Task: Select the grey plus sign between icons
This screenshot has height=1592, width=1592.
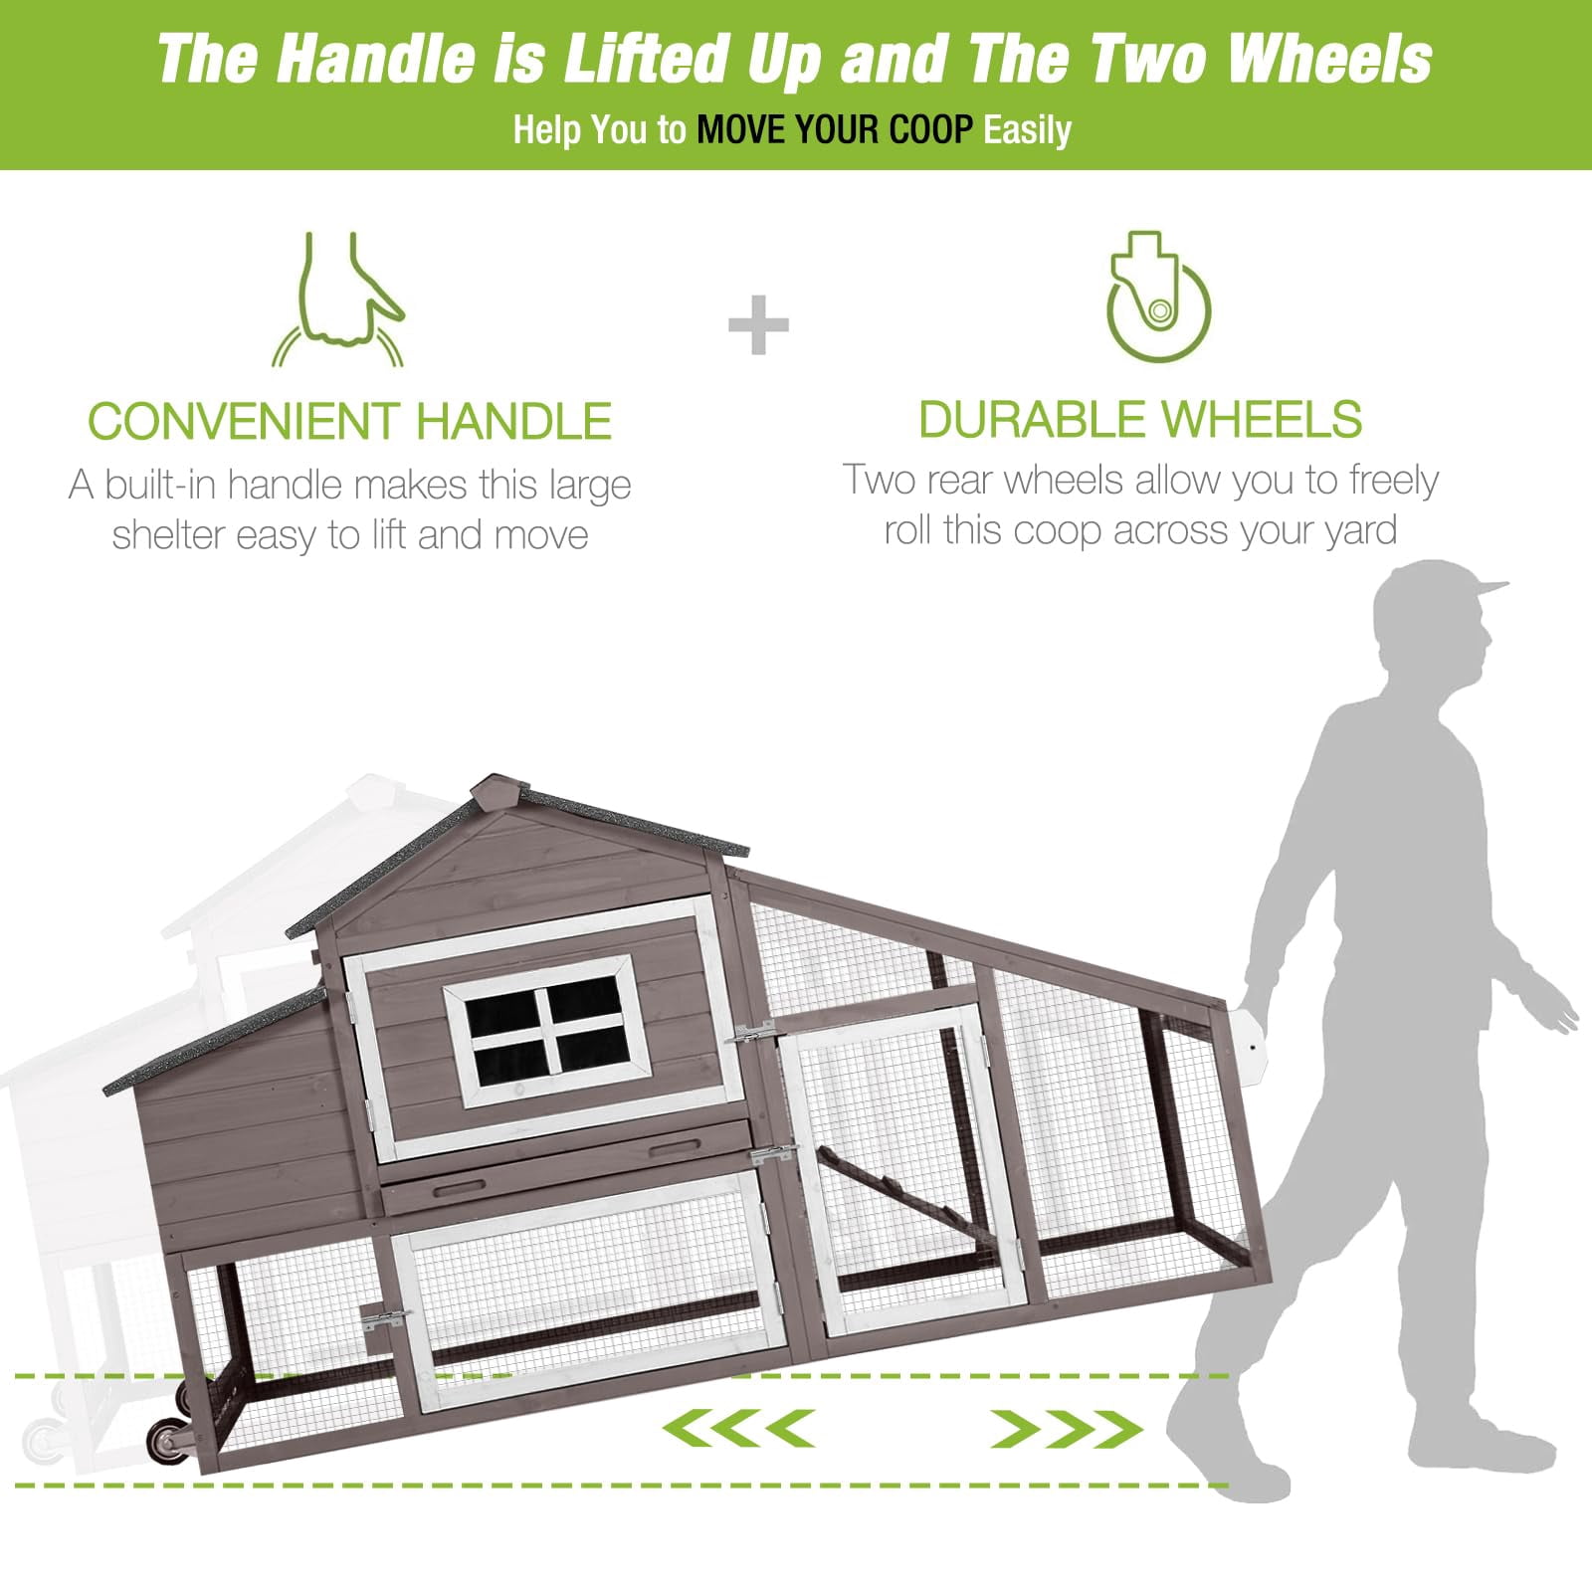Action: (758, 324)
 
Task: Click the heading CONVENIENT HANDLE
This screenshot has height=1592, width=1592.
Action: (349, 421)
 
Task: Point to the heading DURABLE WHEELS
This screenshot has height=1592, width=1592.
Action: (1140, 419)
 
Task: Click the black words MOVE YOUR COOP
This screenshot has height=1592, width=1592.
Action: (835, 130)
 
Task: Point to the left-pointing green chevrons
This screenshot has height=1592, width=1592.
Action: (738, 1429)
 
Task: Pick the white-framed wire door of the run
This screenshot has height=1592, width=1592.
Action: (905, 1170)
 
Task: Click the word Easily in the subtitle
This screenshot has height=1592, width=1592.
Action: (1027, 130)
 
